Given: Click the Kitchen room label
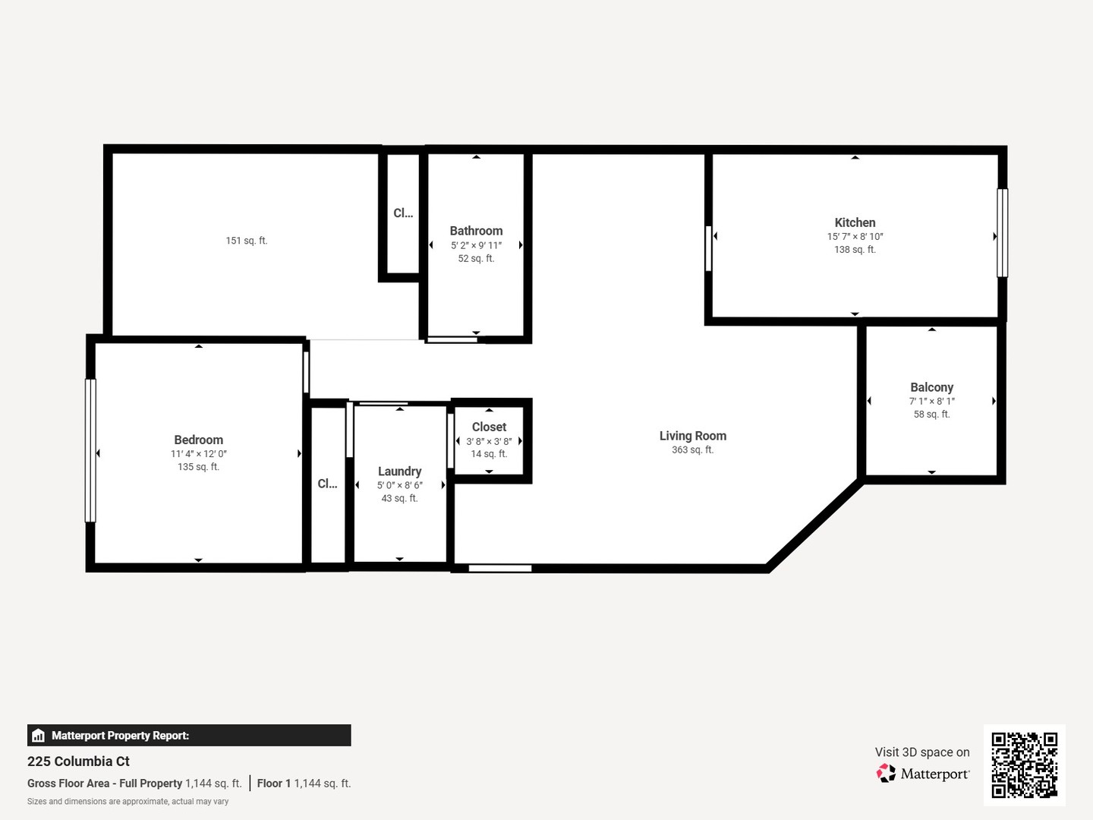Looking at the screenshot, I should click(x=855, y=222).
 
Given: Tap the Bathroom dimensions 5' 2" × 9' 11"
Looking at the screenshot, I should click(x=476, y=245).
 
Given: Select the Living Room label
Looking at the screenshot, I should click(x=692, y=436).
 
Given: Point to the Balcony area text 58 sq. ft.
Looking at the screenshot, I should click(x=931, y=415).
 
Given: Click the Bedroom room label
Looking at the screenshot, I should click(x=198, y=440).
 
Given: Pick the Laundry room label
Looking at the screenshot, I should click(x=399, y=471).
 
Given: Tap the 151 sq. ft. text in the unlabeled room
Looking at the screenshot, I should click(x=247, y=241).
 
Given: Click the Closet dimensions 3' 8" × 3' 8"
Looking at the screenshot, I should click(x=489, y=441).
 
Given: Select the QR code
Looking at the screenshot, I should click(x=1024, y=765).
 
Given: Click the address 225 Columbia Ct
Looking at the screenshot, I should click(x=78, y=762).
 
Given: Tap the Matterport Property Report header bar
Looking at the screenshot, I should click(x=189, y=735).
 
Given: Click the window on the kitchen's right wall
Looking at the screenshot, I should click(x=1002, y=232).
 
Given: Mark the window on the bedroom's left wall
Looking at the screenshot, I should click(x=90, y=450).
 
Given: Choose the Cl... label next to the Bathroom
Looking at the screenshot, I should click(x=403, y=213).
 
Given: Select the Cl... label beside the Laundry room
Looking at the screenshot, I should click(x=327, y=484).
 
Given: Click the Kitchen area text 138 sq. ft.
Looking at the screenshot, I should click(x=855, y=250).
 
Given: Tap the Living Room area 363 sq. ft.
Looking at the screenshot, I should click(x=692, y=450).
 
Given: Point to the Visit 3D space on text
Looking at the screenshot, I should click(x=922, y=752).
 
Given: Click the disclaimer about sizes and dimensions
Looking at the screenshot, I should click(x=128, y=802).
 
